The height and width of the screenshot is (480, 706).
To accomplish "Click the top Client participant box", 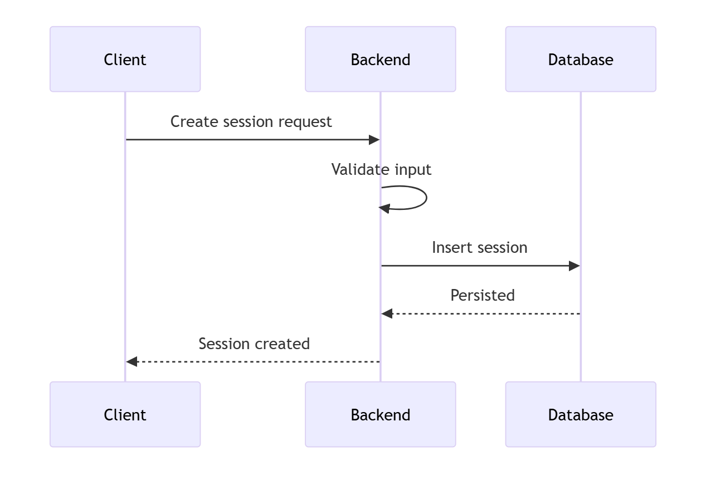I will coord(125,59).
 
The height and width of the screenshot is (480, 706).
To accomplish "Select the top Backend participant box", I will coord(380,59).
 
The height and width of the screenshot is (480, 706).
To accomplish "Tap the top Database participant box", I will coord(580,59).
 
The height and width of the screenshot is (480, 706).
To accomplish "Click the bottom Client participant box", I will coord(125,414).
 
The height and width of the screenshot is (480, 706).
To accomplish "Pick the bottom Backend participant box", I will coord(380,414).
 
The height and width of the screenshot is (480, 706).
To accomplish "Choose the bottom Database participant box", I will coord(580,414).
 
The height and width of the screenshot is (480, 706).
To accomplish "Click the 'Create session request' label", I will coord(251,121).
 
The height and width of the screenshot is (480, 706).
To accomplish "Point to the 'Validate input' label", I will coord(381,169).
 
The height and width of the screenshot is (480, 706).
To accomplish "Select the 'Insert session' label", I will coord(479,247).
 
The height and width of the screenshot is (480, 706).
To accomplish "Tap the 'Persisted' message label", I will coord(482,295).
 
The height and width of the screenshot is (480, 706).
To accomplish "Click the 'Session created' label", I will coord(254,344).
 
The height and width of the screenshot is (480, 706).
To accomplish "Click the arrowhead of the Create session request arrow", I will coord(374,140).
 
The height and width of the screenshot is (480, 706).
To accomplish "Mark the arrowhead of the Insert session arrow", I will coord(574,266).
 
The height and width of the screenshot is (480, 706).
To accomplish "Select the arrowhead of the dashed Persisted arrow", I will coord(387,314).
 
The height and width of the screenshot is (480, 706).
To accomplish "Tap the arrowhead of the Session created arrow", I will coord(132,362).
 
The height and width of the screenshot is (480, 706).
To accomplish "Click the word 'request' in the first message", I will coord(308,122).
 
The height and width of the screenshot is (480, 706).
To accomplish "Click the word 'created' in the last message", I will coord(285,344).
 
